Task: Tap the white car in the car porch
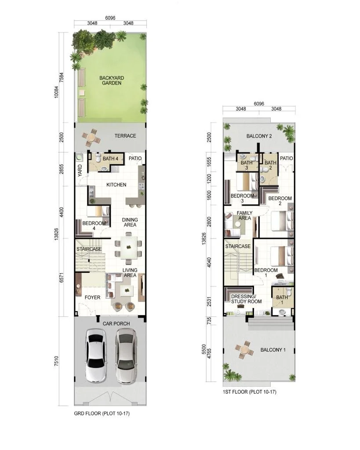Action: click(x=95, y=356)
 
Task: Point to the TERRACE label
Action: click(x=125, y=136)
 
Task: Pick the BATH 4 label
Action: click(x=110, y=159)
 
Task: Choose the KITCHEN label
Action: click(x=116, y=185)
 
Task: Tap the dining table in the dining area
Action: click(x=128, y=248)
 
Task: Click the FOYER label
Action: click(x=92, y=298)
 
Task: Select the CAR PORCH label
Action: click(x=116, y=324)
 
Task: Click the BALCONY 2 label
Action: click(x=259, y=136)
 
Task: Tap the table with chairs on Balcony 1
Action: click(x=243, y=350)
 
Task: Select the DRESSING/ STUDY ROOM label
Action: click(x=246, y=298)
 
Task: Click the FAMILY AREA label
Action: click(x=244, y=215)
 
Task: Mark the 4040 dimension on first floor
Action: click(x=210, y=262)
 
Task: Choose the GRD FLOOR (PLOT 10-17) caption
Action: click(x=102, y=414)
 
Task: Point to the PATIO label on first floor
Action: click(x=287, y=159)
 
